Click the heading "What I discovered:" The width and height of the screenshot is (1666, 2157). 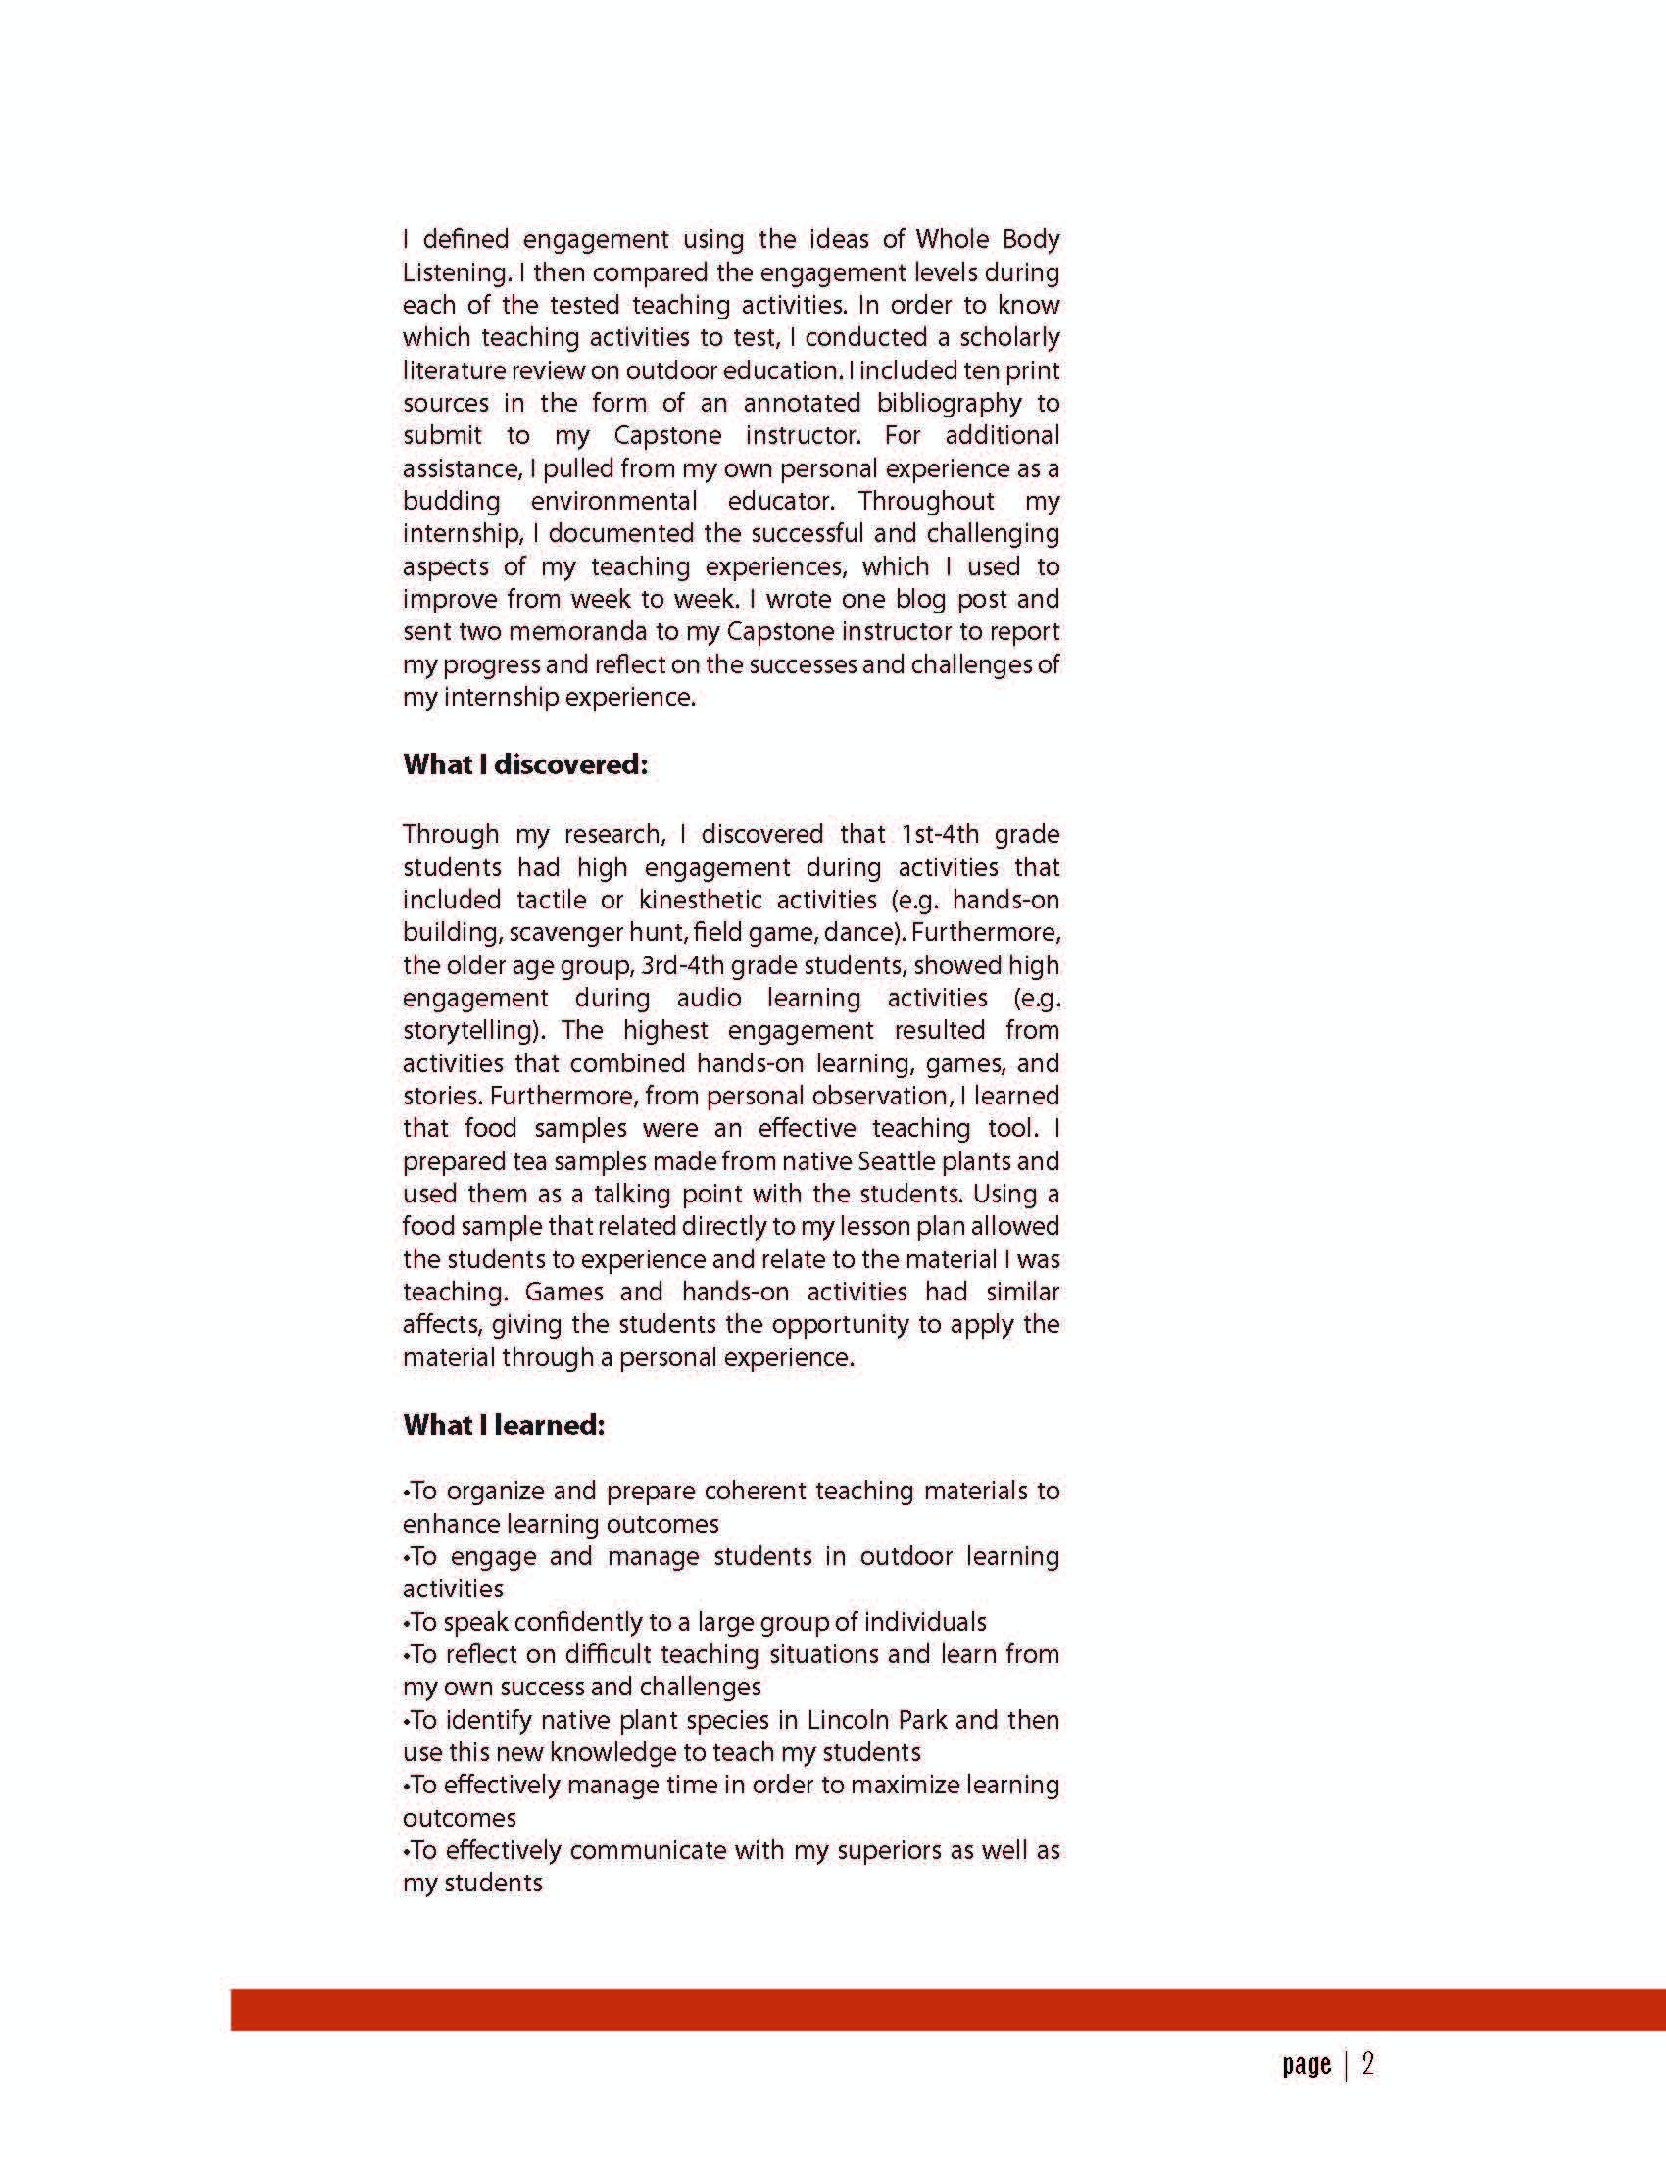point(524,764)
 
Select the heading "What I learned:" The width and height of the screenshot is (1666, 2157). point(503,1424)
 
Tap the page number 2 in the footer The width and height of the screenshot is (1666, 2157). point(1367,2064)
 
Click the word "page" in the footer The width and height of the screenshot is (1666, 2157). point(1305,2065)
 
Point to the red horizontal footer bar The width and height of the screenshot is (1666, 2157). point(948,2011)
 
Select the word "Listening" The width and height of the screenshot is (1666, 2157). point(456,272)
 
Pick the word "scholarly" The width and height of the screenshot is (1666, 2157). point(1009,338)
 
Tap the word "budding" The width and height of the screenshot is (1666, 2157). point(452,501)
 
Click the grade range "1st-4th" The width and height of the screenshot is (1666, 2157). point(939,835)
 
